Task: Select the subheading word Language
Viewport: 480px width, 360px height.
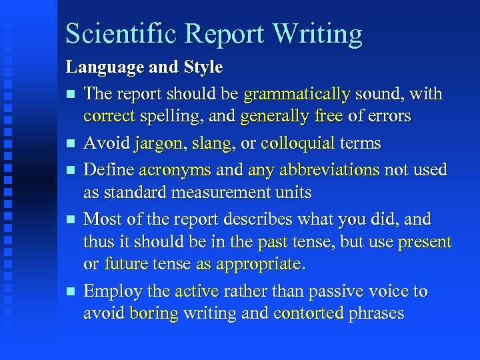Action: pyautogui.click(x=100, y=67)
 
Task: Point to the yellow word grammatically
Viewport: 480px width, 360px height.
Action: pyautogui.click(x=297, y=94)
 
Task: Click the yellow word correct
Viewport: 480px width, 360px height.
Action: pyautogui.click(x=109, y=116)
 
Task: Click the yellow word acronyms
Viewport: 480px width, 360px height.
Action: pyautogui.click(x=175, y=171)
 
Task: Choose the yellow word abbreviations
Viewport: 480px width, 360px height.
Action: pyautogui.click(x=314, y=171)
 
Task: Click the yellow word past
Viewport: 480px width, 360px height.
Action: pyautogui.click(x=273, y=241)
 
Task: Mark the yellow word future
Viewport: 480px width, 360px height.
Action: pyautogui.click(x=125, y=264)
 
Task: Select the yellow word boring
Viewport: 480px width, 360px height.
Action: pyautogui.click(x=154, y=313)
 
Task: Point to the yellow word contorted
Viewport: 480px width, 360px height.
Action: pyautogui.click(x=309, y=313)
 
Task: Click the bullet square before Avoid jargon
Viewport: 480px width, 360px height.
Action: pyautogui.click(x=71, y=144)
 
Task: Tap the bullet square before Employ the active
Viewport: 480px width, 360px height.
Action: pyautogui.click(x=71, y=292)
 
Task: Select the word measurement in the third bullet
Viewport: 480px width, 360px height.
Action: pyautogui.click(x=215, y=193)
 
